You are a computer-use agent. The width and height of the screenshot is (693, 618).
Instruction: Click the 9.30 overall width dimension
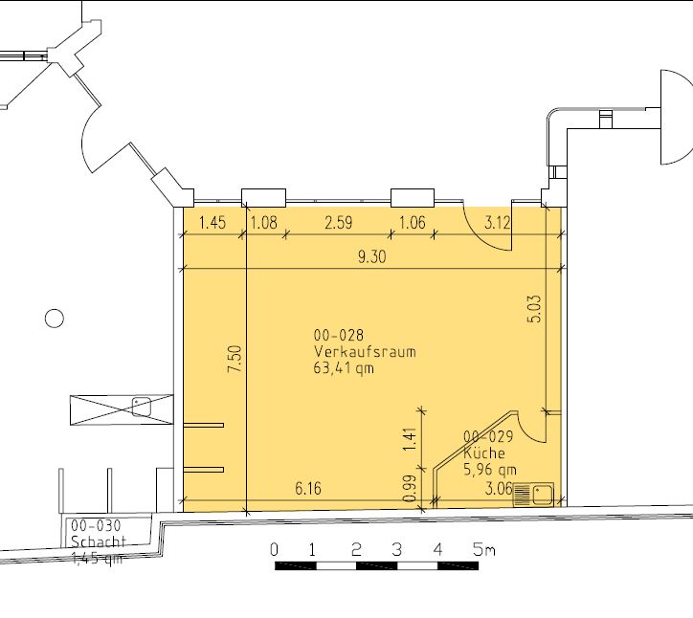pyautogui.click(x=371, y=256)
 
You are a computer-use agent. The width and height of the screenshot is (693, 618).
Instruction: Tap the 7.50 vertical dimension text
pyautogui.click(x=235, y=359)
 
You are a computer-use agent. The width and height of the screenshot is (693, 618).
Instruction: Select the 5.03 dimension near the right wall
pyautogui.click(x=534, y=309)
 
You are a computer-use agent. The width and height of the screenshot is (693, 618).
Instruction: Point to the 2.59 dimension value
pyautogui.click(x=339, y=222)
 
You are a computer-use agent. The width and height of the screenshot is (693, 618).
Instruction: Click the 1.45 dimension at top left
pyautogui.click(x=212, y=222)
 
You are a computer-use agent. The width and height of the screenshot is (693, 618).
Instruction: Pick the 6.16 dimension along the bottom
pyautogui.click(x=308, y=488)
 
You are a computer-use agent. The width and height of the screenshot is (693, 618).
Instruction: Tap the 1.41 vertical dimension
pyautogui.click(x=410, y=439)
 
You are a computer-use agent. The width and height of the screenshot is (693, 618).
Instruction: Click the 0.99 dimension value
pyautogui.click(x=410, y=489)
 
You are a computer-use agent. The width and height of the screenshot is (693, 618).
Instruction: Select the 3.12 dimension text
pyautogui.click(x=498, y=222)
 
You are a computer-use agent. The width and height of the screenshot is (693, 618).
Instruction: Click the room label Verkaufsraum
pyautogui.click(x=365, y=352)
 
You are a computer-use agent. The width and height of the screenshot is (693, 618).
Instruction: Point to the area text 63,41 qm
pyautogui.click(x=344, y=368)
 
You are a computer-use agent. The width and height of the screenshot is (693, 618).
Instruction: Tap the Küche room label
pyautogui.click(x=484, y=452)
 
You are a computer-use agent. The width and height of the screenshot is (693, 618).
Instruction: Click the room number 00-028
pyautogui.click(x=339, y=335)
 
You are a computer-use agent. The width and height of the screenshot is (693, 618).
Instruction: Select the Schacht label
pyautogui.click(x=99, y=541)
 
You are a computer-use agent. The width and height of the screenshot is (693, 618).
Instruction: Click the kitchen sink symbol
pyautogui.click(x=533, y=495)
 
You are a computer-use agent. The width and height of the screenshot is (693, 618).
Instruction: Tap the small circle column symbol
pyautogui.click(x=55, y=318)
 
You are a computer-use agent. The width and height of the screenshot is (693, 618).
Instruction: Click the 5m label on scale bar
pyautogui.click(x=483, y=550)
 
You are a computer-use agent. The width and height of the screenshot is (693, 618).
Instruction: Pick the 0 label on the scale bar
pyautogui.click(x=274, y=550)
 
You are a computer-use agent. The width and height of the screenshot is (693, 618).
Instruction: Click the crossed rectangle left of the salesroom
pyautogui.click(x=122, y=410)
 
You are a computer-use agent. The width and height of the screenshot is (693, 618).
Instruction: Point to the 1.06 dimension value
pyautogui.click(x=413, y=222)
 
